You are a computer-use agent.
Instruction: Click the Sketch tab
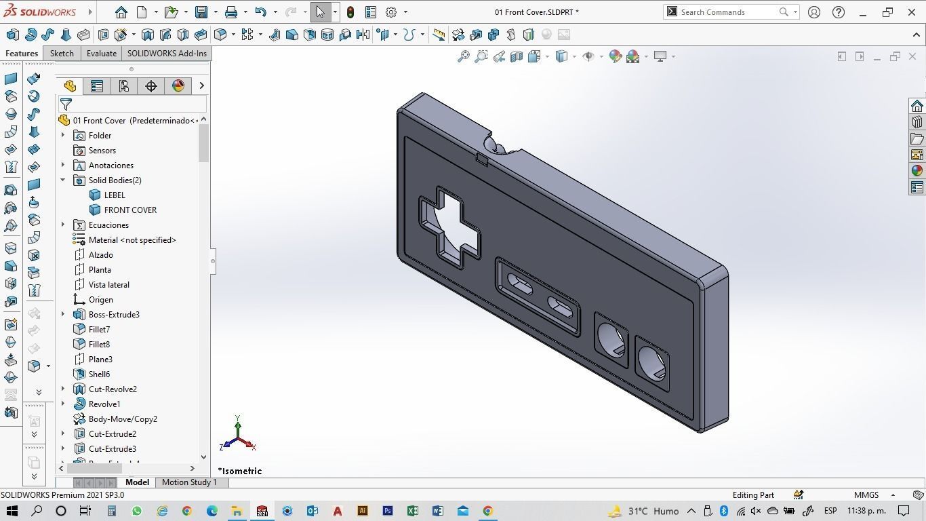click(62, 54)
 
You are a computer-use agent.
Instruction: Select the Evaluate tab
click(101, 54)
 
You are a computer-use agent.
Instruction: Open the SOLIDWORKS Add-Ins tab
click(167, 54)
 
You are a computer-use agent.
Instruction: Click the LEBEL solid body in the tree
click(114, 195)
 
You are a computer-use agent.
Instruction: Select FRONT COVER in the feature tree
click(130, 210)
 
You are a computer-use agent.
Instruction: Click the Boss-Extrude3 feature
click(114, 315)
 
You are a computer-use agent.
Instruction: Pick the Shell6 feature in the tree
click(99, 374)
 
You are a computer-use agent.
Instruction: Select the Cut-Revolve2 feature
click(113, 389)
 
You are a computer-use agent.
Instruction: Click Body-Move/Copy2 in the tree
click(123, 419)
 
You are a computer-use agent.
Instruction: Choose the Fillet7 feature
click(99, 330)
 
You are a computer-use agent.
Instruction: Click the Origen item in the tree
click(100, 300)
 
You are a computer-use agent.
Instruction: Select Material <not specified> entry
click(132, 240)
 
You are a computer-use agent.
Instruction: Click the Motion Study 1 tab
click(189, 482)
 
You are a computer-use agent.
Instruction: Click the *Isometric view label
click(240, 471)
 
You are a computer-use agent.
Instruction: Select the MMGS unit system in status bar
click(866, 495)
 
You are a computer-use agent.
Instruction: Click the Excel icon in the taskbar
click(412, 511)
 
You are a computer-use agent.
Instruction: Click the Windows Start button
click(12, 511)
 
